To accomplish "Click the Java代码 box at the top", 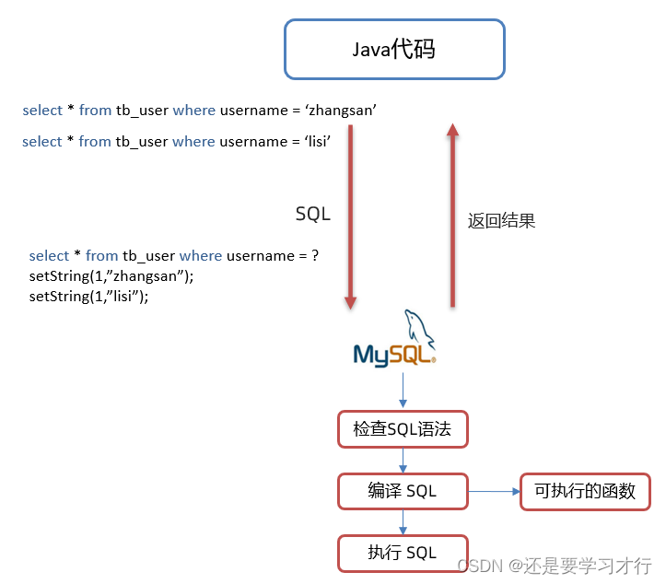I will pyautogui.click(x=394, y=49).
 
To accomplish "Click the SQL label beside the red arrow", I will pyautogui.click(x=312, y=214).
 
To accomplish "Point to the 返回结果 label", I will pyautogui.click(x=501, y=221).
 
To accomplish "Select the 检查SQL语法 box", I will pyautogui.click(x=402, y=429).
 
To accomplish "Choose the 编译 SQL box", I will pyautogui.click(x=402, y=491).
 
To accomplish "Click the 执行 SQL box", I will pyautogui.click(x=402, y=552).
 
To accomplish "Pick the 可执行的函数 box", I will pyautogui.click(x=585, y=491).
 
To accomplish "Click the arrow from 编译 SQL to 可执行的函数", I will pyautogui.click(x=494, y=491).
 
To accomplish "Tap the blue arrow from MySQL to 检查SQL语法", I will pyautogui.click(x=403, y=391).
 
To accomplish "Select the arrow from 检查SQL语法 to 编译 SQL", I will pyautogui.click(x=403, y=461).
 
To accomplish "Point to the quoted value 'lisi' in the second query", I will pyautogui.click(x=313, y=142).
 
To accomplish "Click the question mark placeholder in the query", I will pyautogui.click(x=315, y=256).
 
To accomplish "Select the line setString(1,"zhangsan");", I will pyautogui.click(x=111, y=276).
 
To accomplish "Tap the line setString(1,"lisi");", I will pyautogui.click(x=88, y=297).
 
